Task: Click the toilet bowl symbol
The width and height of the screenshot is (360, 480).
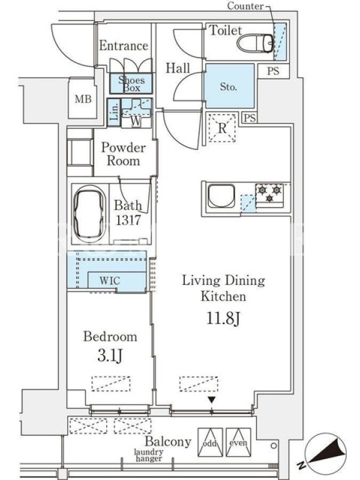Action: point(256,43)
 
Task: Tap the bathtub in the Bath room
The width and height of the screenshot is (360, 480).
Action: point(89,214)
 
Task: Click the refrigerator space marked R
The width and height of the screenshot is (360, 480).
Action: point(222,127)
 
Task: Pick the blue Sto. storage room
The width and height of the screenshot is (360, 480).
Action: point(230,86)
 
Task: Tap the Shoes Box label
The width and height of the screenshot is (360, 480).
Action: point(131,84)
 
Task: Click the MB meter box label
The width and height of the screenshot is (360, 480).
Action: point(83,99)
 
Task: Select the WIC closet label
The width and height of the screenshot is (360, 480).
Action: point(110,280)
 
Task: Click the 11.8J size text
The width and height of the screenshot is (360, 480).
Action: point(223,319)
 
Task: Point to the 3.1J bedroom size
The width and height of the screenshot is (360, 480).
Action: point(110,356)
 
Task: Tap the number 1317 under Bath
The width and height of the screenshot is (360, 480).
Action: point(128,220)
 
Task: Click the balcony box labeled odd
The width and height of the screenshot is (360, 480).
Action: point(210,442)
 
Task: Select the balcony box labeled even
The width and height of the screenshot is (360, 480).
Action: point(238,442)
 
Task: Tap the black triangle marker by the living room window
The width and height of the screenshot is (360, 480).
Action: point(212,400)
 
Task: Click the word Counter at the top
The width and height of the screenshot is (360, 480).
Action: point(245,6)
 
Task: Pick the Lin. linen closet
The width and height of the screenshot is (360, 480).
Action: point(113,112)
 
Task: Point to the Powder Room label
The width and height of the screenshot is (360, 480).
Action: point(124,154)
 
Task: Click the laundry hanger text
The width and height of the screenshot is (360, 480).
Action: point(149,455)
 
